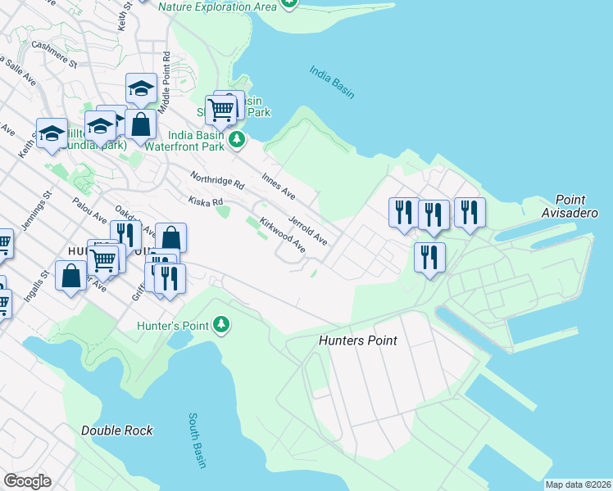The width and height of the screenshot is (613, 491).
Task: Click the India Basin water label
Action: pyautogui.click(x=332, y=82)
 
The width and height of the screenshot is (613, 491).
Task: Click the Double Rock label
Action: pyautogui.click(x=117, y=430)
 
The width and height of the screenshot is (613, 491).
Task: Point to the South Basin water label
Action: pyautogui.click(x=197, y=440)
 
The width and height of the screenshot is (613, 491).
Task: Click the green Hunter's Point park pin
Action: pyautogui.click(x=220, y=326)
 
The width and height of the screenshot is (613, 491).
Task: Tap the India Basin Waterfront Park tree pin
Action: pyautogui.click(x=237, y=140)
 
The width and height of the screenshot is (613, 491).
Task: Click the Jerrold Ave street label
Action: pyautogui.click(x=308, y=230)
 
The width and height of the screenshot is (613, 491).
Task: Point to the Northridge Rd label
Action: pyautogui.click(x=217, y=180)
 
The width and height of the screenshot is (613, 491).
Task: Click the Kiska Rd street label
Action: pyautogui.click(x=206, y=201)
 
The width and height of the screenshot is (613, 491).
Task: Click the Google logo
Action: pyautogui.click(x=27, y=481)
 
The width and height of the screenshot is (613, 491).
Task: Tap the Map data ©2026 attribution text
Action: pyautogui.click(x=578, y=484)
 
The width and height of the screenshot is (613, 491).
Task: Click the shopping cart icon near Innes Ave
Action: pyautogui.click(x=220, y=108)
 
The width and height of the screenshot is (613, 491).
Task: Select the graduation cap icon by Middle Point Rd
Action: pyautogui.click(x=141, y=88)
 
